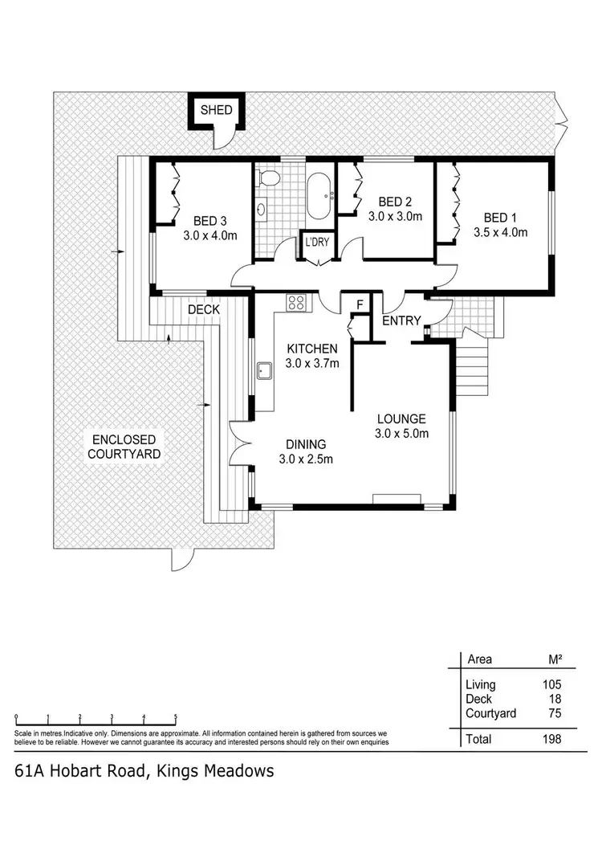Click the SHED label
[x=215, y=110]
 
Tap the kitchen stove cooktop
[x=296, y=303]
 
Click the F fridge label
[x=360, y=304]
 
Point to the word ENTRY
[x=401, y=320]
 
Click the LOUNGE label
[x=401, y=418]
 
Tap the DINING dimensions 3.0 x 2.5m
[x=305, y=459]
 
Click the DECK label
[x=204, y=309]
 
